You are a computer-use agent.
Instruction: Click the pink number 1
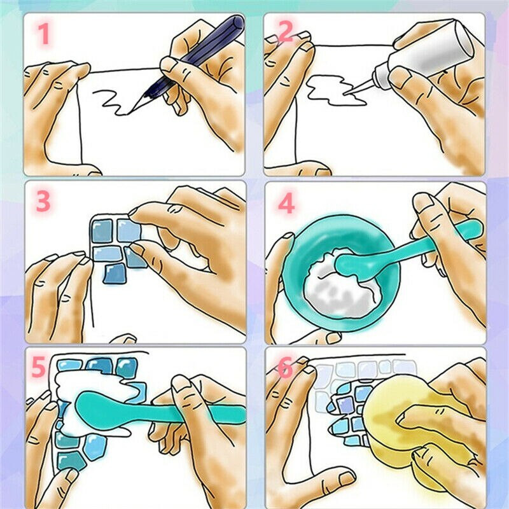pyautogui.click(x=44, y=34)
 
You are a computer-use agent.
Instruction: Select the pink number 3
pyautogui.click(x=43, y=201)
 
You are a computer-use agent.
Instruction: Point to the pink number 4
pyautogui.click(x=286, y=204)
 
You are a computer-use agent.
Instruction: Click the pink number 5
pyautogui.click(x=38, y=367)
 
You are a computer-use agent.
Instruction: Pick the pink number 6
pyautogui.click(x=285, y=368)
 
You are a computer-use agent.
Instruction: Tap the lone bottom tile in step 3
pyautogui.click(x=114, y=274)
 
